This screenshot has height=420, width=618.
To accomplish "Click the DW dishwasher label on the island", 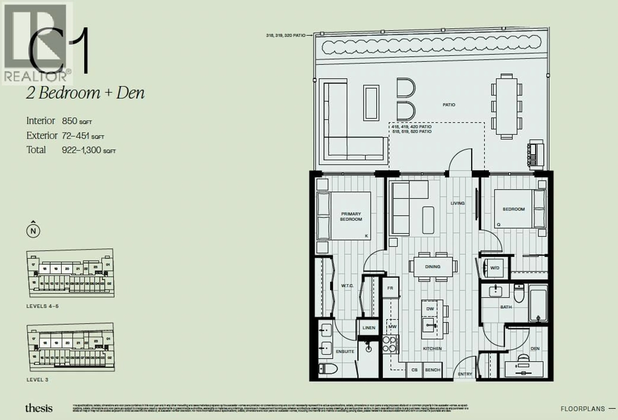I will coord(430,309).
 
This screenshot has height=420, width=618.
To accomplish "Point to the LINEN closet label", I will coord(369,328).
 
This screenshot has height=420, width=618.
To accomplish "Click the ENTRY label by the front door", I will coord(465,374).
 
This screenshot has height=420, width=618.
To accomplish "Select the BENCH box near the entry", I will coord(433,370).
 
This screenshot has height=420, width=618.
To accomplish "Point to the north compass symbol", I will coord(33,231).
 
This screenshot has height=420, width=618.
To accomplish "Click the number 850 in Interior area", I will coord(69,121).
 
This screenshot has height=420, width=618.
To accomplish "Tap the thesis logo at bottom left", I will coord(39,408).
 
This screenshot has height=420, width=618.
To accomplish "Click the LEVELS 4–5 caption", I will coord(42,306).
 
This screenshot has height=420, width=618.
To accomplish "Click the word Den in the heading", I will coord(130,93).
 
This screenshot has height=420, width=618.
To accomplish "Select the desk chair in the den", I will coord(524,358).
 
